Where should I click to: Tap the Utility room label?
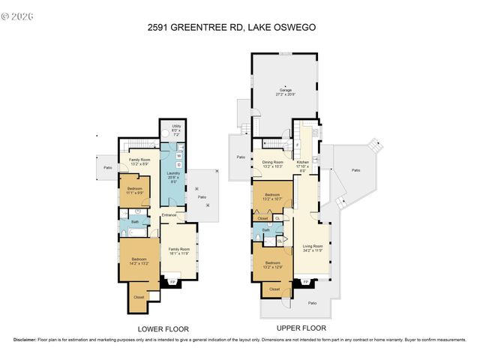(176, 130)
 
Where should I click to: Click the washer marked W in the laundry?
(178, 156)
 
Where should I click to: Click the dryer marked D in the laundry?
(178, 164)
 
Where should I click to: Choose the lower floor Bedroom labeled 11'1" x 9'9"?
(134, 191)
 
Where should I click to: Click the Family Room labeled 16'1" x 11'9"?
(178, 251)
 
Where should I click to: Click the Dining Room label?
(272, 163)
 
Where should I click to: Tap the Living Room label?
(312, 248)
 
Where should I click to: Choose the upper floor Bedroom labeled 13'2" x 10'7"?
(271, 199)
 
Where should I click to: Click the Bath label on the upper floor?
(265, 230)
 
